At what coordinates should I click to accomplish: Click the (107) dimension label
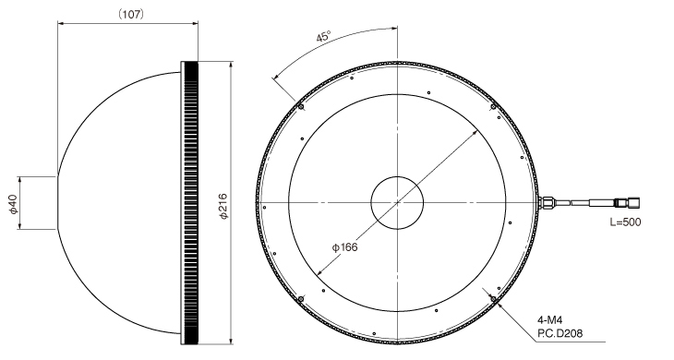click(x=131, y=14)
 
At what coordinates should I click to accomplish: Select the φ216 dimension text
click(x=223, y=207)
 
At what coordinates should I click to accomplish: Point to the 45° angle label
click(x=324, y=36)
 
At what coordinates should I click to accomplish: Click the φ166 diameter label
click(x=344, y=247)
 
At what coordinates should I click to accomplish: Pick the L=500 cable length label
click(x=625, y=222)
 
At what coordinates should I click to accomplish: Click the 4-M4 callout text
click(x=549, y=320)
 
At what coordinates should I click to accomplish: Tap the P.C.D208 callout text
click(x=560, y=333)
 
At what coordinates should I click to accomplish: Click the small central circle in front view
click(x=397, y=202)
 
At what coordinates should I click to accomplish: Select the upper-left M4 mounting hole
click(x=301, y=106)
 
